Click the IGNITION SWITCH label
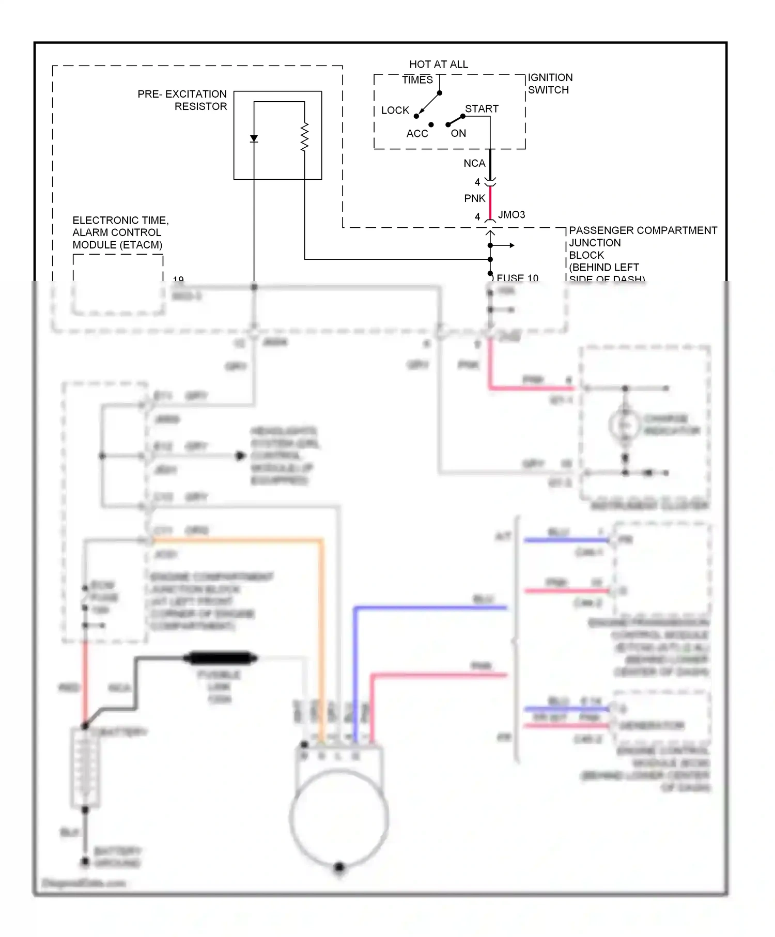coord(549,84)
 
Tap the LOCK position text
coord(395,111)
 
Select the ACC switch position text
coord(417,134)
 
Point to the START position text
coord(482,109)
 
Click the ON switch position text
coord(458,134)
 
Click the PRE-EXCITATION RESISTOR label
coord(182,100)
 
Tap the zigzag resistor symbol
coord(304,137)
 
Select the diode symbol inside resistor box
coord(254,138)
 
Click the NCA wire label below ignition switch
coord(474,164)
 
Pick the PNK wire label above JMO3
coord(474,199)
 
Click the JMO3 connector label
coord(512,215)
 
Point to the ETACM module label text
coord(120,233)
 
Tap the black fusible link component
coord(221,658)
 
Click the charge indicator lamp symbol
coord(625,425)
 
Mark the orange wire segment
coord(238,541)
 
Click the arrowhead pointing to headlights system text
coord(240,456)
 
